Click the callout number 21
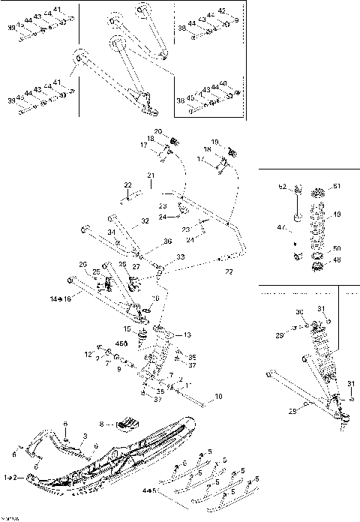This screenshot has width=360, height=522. coord(150,176)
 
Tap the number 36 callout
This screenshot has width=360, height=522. coord(168,241)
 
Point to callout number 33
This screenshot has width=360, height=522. coord(181,256)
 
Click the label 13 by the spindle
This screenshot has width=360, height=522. coord(187,334)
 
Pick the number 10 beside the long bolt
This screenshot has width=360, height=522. coord(218,396)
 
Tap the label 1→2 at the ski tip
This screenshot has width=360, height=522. coord(12,477)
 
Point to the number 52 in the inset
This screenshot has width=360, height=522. coord(282,187)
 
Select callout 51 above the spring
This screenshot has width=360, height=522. coord(336,187)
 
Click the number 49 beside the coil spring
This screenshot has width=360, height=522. coord(337,212)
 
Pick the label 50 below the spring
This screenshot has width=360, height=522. coord(337,248)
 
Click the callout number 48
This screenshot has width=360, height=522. coord(337,260)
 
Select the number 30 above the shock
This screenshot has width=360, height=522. coord(298,312)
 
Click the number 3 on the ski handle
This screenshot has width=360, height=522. coord(85,435)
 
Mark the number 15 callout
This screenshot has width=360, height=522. coord(127,328)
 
